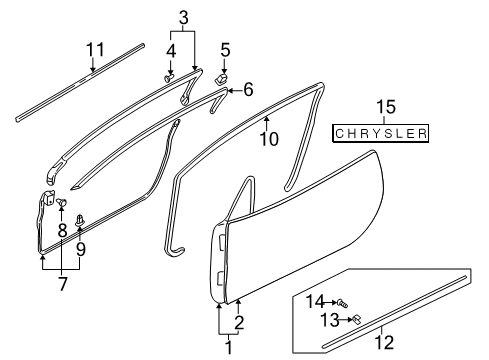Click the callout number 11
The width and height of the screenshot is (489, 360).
[x=94, y=49]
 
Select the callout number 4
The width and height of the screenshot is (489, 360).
[x=170, y=49]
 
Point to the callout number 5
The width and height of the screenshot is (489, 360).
[x=225, y=49]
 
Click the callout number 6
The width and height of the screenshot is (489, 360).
[x=247, y=90]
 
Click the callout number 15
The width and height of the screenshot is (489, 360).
[x=382, y=106]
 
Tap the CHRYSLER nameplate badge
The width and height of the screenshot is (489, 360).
[x=381, y=133]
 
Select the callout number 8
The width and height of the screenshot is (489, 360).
[x=62, y=229]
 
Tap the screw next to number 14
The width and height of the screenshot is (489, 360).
[x=342, y=302]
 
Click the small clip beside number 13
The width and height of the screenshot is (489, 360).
[x=356, y=319]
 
